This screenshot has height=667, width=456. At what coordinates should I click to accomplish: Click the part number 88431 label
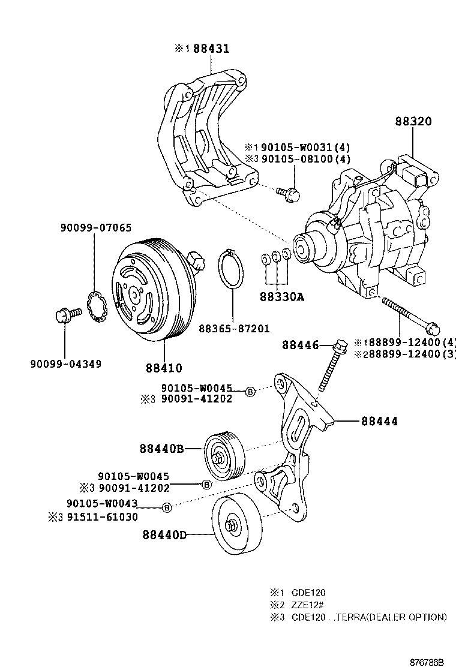210,49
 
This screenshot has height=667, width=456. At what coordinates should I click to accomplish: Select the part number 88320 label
413,121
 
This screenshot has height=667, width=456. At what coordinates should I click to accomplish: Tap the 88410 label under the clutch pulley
163,367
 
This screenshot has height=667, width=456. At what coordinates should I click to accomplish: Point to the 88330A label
282,296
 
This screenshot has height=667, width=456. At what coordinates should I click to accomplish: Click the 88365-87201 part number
234,329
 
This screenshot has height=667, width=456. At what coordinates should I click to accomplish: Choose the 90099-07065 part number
95,228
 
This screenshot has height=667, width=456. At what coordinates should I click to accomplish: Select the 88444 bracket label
379,421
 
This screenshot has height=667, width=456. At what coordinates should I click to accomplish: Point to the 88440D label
164,533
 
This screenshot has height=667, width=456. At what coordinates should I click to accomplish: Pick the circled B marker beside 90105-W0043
167,507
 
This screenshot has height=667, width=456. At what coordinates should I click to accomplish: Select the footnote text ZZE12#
308,604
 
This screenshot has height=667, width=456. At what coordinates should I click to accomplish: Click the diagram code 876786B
427,662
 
